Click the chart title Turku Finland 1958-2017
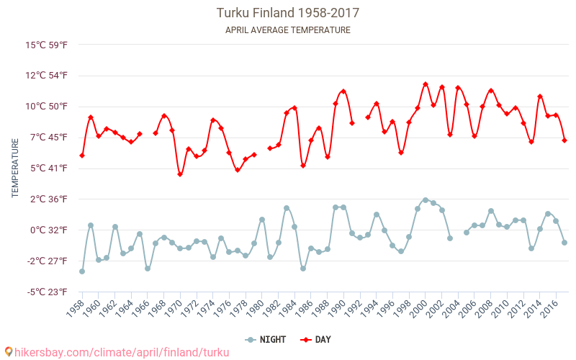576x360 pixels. click(x=288, y=13)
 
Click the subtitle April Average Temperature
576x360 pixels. click(x=288, y=30)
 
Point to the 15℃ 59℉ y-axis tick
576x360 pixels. click(x=47, y=45)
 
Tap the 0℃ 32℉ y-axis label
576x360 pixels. click(x=49, y=230)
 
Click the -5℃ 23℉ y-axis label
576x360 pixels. click(x=48, y=292)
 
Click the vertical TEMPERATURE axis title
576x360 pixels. click(x=15, y=168)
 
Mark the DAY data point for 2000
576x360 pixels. click(x=426, y=84)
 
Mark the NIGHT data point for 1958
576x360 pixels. click(x=82, y=271)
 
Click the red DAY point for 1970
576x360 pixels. click(x=180, y=174)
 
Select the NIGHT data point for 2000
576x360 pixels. click(x=426, y=200)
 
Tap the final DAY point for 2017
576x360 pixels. click(x=564, y=140)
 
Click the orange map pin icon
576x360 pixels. click(x=9, y=352)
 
